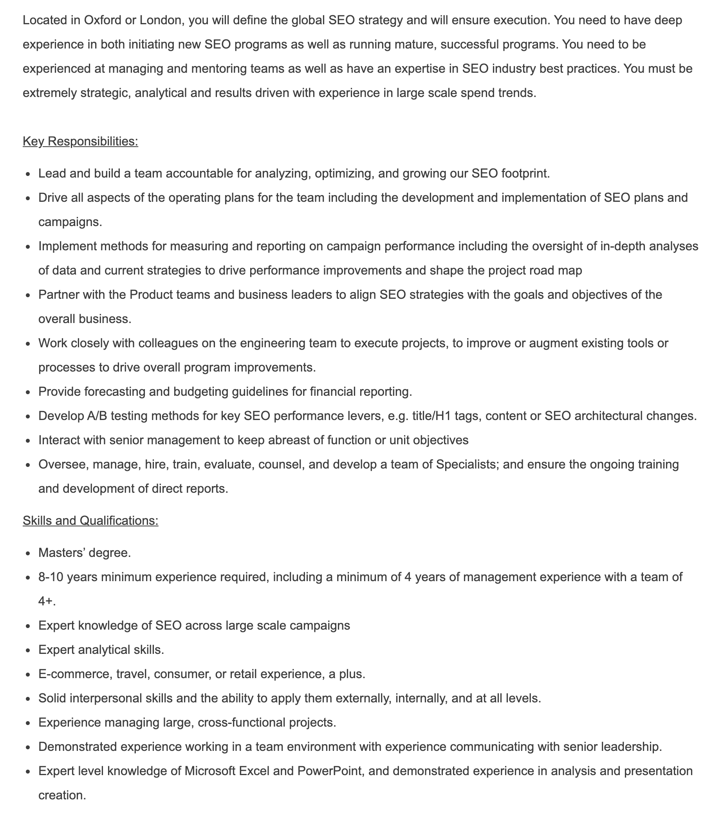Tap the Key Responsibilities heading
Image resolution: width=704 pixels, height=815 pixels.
[x=80, y=141]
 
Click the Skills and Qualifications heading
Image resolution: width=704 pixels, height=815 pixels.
[x=90, y=521]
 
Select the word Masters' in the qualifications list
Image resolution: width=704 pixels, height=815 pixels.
[x=61, y=553]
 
